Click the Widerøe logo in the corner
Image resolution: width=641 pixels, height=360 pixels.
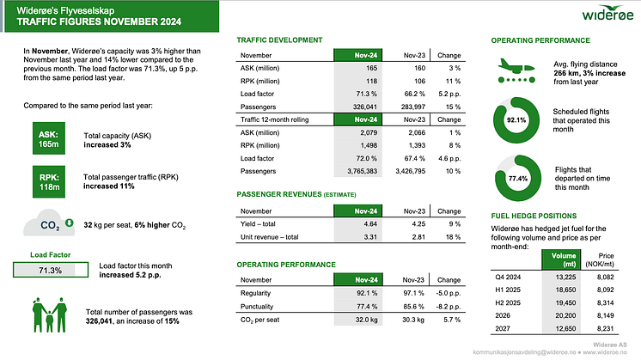[x=607, y=13]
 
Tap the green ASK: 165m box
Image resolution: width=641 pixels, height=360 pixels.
[x=49, y=138]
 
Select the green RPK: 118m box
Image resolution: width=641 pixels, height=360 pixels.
[x=49, y=182]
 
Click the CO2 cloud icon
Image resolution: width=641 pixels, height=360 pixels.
[x=49, y=223]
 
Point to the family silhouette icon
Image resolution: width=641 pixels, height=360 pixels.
[x=50, y=314]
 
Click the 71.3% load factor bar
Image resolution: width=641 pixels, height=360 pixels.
[x=51, y=270]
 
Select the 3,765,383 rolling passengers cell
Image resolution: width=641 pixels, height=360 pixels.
[x=363, y=171]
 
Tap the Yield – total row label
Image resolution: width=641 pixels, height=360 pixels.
[x=258, y=224]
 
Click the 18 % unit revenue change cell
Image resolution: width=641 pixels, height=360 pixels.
[x=453, y=237]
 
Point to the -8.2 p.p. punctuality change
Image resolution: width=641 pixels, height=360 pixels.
[x=449, y=307]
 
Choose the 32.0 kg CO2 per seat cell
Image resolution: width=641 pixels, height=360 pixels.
[x=366, y=320]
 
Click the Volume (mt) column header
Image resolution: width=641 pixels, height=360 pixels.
[x=564, y=259]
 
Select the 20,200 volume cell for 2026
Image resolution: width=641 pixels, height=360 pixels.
[x=565, y=315]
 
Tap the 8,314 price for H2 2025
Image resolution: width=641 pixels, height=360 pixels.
[x=606, y=302]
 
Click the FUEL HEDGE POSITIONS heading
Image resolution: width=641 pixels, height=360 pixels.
[x=534, y=216]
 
